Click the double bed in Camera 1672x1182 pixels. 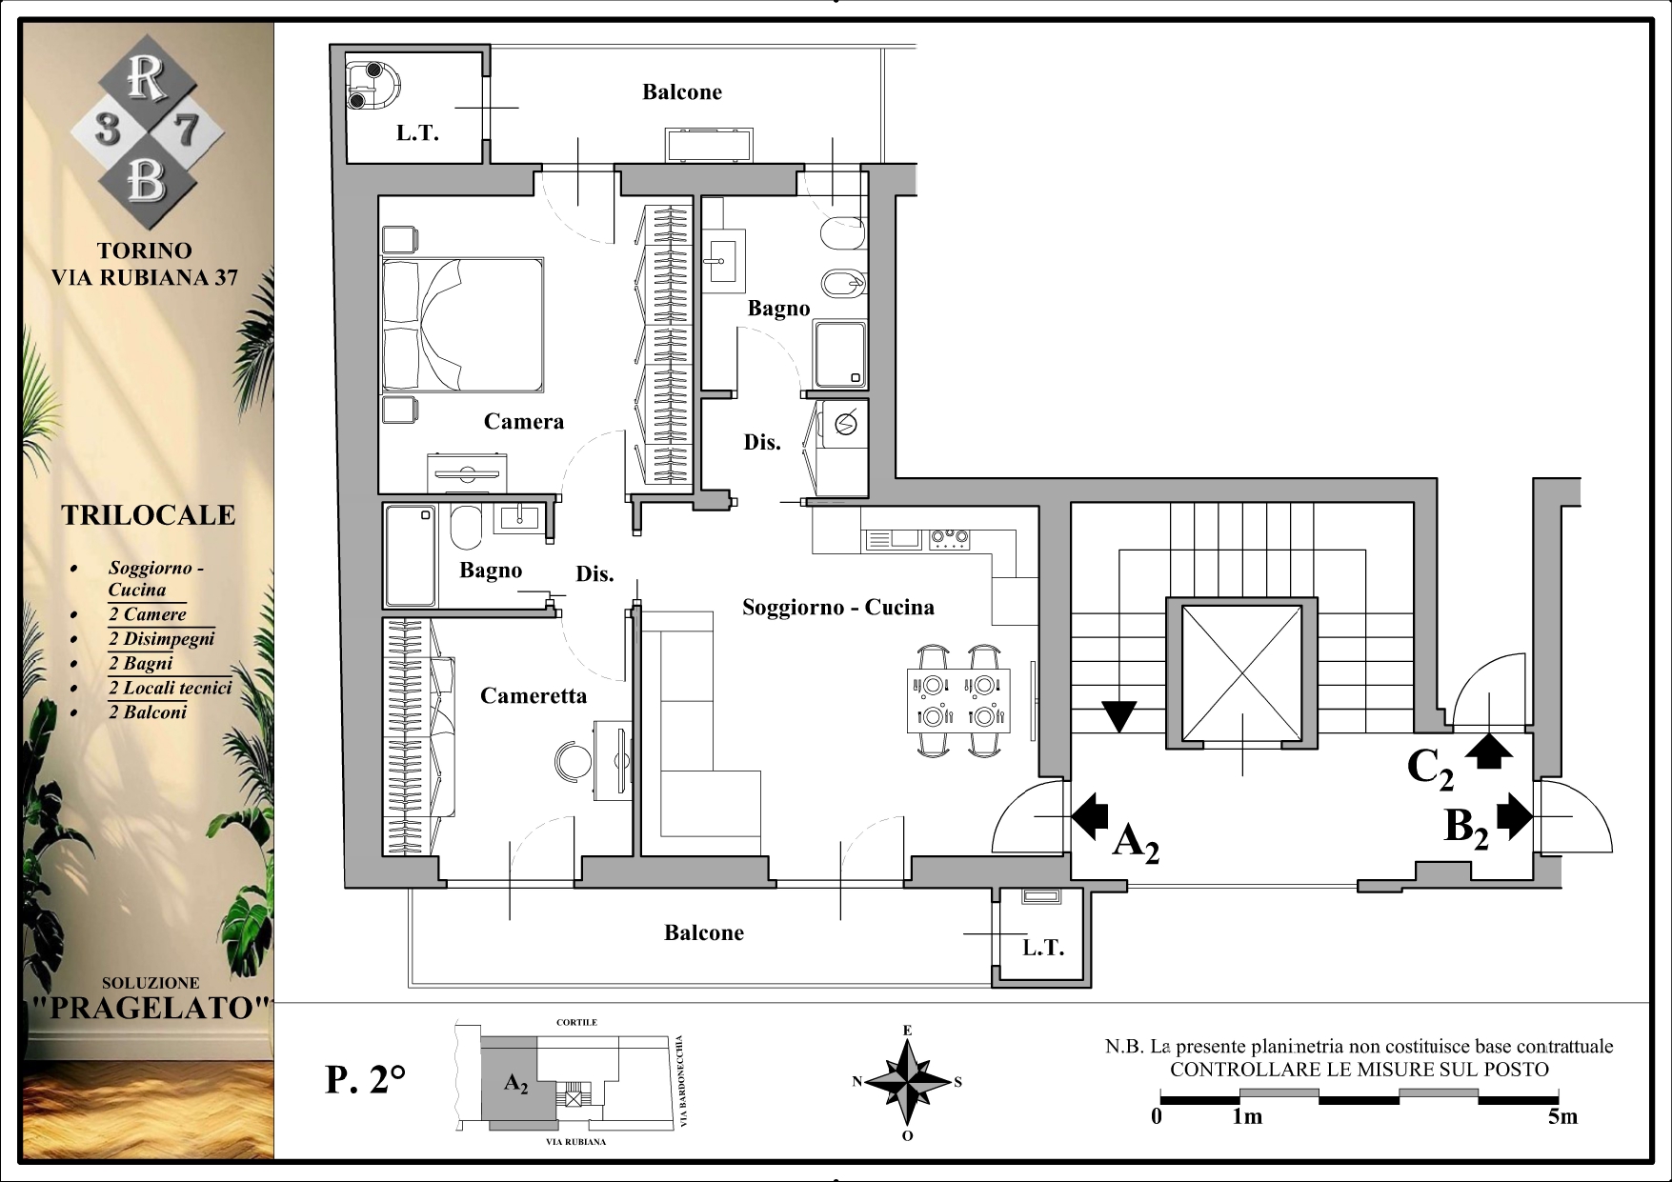463,324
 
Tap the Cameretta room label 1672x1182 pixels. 534,696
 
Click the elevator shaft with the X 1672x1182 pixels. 1242,673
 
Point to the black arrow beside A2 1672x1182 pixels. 1090,815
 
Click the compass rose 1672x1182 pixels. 908,1082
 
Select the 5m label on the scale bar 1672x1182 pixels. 1562,1116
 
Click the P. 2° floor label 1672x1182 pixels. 366,1080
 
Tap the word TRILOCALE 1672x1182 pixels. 149,515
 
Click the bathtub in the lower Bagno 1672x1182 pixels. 411,555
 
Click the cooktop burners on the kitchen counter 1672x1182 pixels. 950,539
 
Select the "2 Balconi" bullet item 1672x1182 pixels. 148,712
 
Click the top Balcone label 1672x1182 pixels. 682,92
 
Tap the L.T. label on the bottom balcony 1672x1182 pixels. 1043,948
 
